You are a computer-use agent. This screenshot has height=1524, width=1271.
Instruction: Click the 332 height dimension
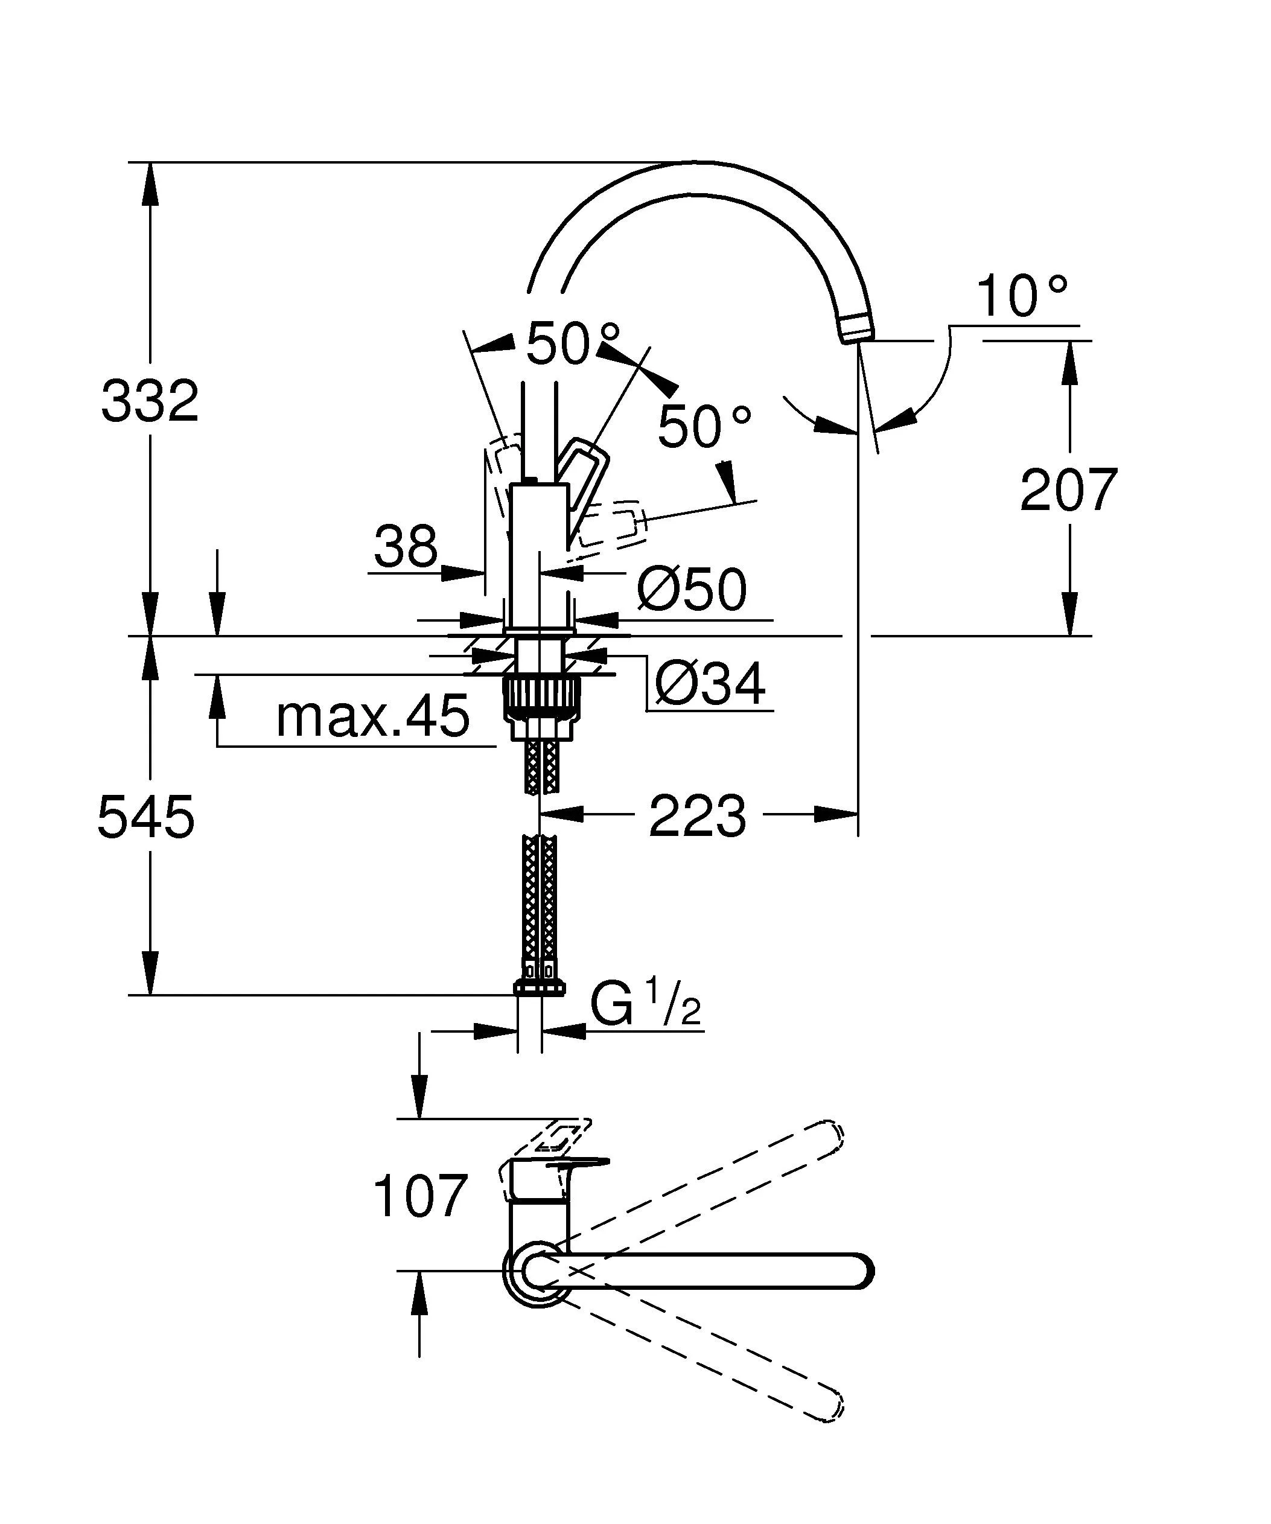[150, 401]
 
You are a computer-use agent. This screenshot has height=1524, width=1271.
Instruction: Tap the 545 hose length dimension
[146, 817]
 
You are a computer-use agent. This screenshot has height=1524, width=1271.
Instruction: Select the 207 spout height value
[1068, 490]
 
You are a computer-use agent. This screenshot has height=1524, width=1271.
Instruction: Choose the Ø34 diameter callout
[710, 684]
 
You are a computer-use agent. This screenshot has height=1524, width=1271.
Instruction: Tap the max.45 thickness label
[373, 716]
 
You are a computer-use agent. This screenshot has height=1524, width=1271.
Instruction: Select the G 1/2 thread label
[644, 1005]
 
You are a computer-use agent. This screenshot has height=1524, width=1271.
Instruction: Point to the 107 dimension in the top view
[419, 1197]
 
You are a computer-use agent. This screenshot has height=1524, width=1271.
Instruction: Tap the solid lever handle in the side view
[584, 476]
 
